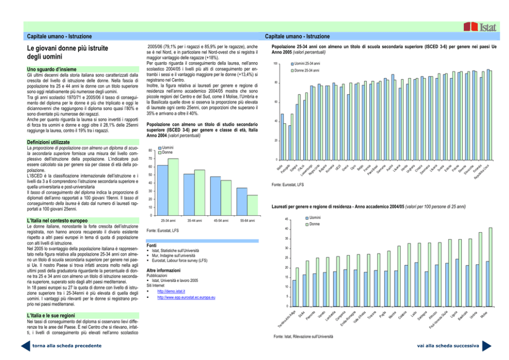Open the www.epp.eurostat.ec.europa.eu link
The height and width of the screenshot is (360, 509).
(x=186, y=297)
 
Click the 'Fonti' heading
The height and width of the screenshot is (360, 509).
(x=152, y=245)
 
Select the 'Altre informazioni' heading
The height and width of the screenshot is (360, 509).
(x=164, y=270)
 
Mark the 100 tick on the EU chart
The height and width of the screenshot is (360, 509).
(x=275, y=64)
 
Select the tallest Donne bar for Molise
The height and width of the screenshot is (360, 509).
(x=491, y=267)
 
